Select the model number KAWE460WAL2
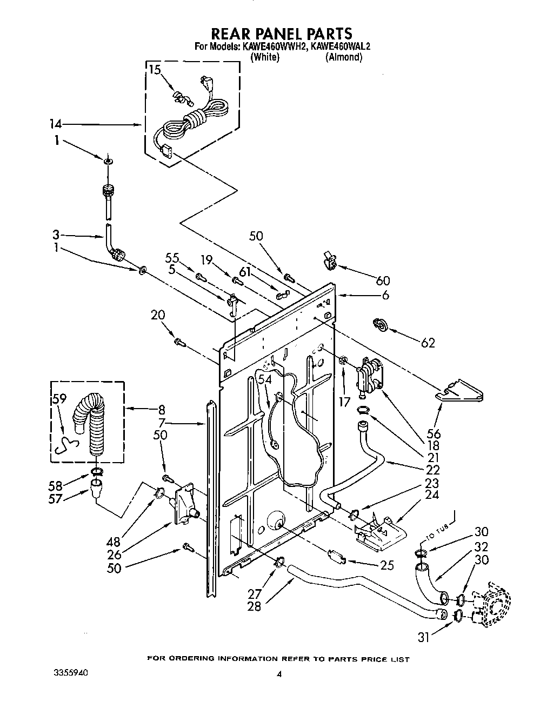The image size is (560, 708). coord(341,46)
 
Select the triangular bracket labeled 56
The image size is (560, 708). coord(459,390)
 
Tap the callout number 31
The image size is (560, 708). coord(424,637)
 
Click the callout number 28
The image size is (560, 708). coord(254,606)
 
